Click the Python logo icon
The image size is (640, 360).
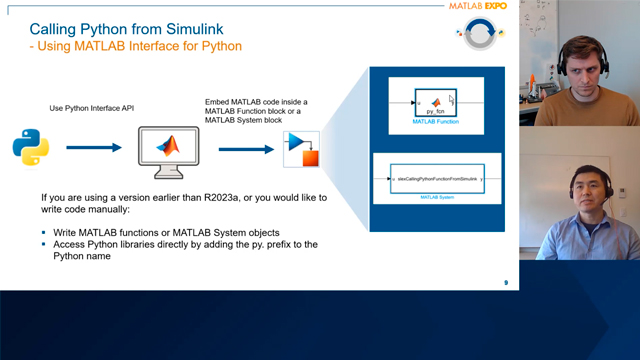click(31, 148)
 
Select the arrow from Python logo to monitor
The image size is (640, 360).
click(94, 148)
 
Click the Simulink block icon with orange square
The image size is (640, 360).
click(301, 149)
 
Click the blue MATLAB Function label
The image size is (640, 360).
click(435, 121)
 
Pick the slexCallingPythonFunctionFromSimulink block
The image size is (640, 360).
click(435, 178)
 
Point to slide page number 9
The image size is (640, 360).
click(505, 283)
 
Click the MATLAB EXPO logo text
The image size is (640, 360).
click(481, 8)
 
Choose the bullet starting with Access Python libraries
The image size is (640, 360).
click(190, 245)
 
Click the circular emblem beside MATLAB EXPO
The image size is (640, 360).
click(479, 35)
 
